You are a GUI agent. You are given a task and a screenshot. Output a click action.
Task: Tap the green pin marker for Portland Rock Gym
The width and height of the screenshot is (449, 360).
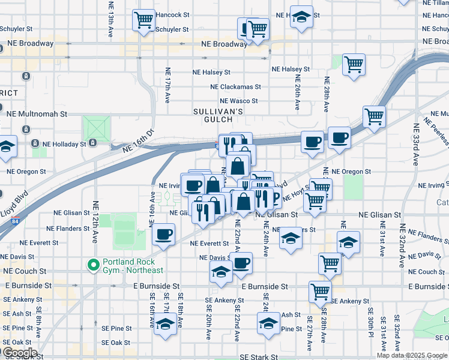pos(93,265)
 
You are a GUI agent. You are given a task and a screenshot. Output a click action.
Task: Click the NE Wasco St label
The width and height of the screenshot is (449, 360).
pos(239,101)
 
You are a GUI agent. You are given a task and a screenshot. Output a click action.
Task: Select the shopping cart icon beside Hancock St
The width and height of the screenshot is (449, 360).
pos(143,20)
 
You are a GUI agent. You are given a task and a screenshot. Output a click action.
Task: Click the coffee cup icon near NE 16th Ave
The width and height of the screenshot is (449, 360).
pos(163,234)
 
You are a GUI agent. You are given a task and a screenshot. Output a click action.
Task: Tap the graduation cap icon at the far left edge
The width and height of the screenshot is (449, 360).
pos(7,147)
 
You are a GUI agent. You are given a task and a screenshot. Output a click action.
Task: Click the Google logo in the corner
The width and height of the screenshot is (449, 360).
pos(19,353)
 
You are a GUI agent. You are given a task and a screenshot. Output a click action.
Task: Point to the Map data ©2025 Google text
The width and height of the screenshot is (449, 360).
pos(412,355)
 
